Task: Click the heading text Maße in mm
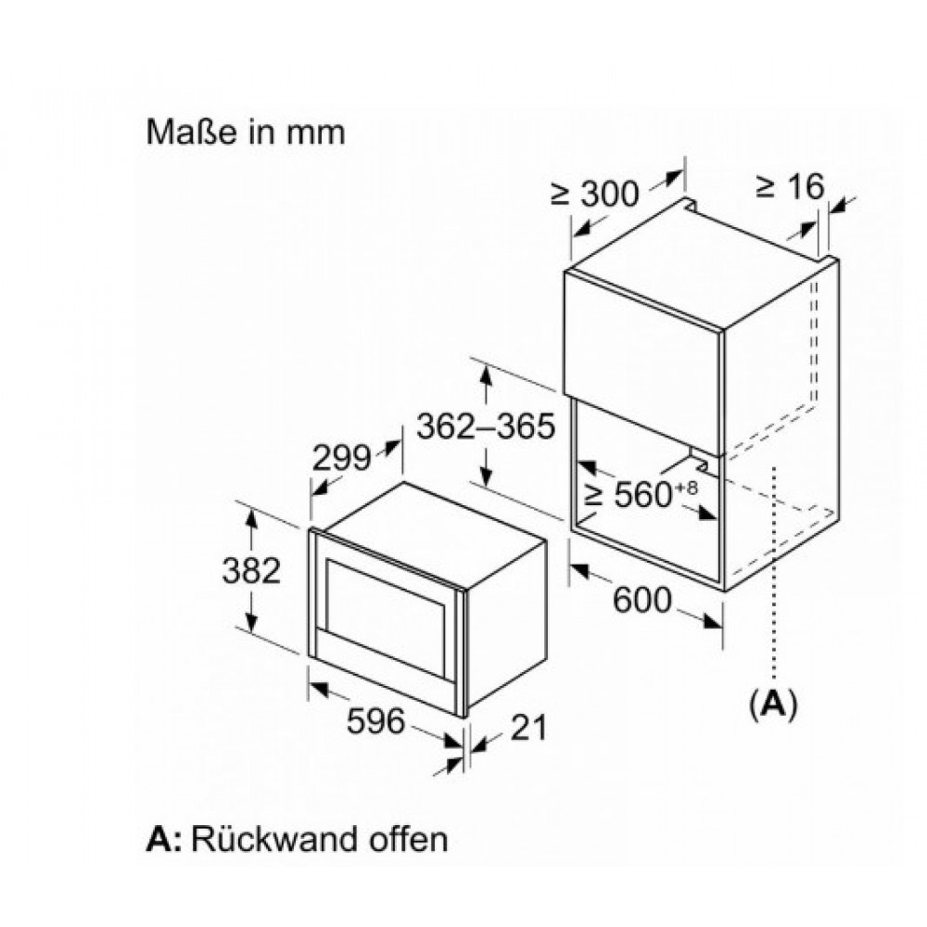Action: (246, 132)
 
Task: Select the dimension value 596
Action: (375, 720)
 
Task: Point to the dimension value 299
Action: (341, 458)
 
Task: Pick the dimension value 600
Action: (641, 601)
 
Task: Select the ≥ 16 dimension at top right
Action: (790, 187)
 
